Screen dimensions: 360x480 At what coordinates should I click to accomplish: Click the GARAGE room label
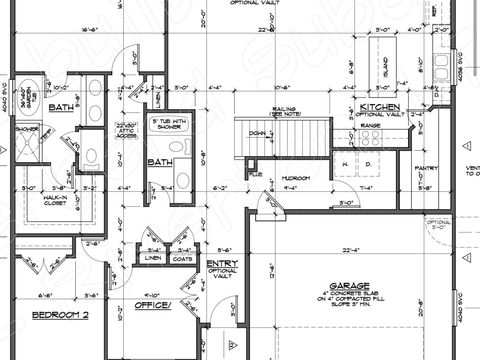(x=352, y=283)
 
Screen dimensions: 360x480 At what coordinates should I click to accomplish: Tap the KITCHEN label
(x=381, y=106)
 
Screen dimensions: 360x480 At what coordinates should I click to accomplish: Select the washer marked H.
(x=344, y=163)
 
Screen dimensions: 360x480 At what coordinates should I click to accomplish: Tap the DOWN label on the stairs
(x=257, y=131)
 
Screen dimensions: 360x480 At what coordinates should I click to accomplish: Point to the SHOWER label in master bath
(x=27, y=129)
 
